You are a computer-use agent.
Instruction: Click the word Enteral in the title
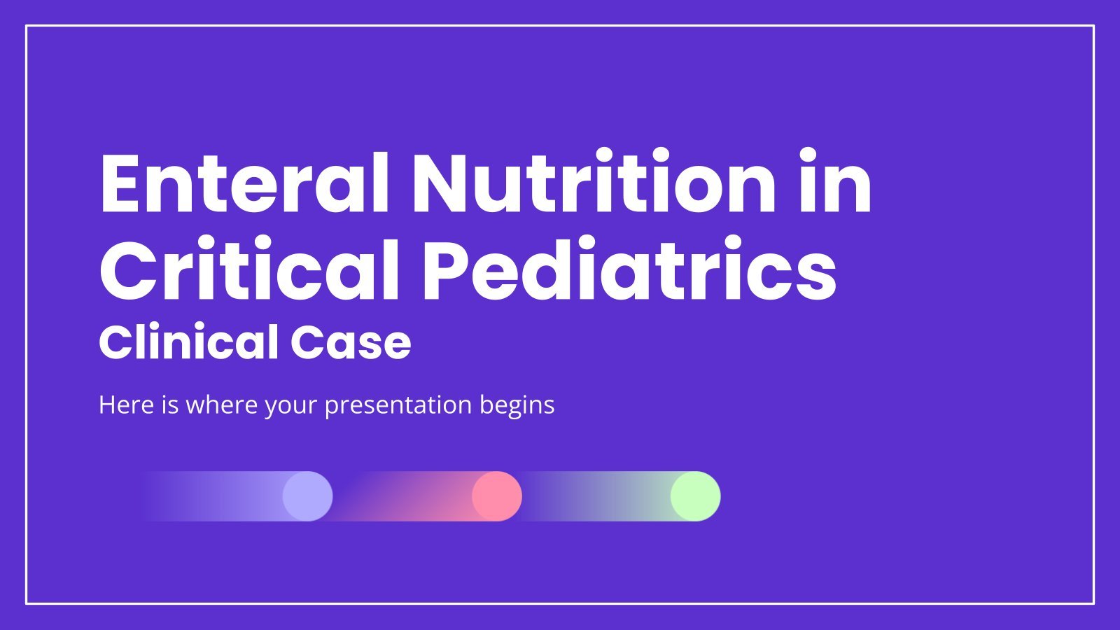(x=244, y=182)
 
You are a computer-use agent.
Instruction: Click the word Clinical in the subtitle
(x=188, y=342)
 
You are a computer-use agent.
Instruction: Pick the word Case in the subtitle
(x=351, y=342)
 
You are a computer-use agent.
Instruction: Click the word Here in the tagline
(x=127, y=405)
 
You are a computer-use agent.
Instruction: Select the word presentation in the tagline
(x=398, y=406)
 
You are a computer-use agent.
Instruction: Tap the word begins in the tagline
(x=517, y=406)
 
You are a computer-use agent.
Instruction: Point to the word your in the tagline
(x=291, y=407)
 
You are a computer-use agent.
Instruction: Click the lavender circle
(x=307, y=496)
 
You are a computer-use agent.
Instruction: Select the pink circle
(x=497, y=496)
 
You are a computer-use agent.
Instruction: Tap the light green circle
(x=696, y=496)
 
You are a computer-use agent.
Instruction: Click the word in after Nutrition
(x=835, y=181)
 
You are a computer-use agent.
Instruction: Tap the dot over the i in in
(x=808, y=156)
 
